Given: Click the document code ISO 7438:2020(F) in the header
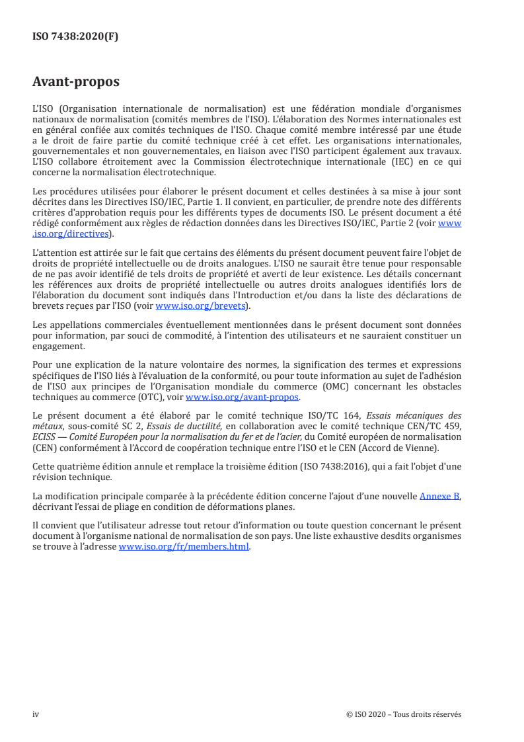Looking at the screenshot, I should coord(75,37).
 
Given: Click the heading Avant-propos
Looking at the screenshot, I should coord(75,82).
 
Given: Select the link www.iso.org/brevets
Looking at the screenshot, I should coord(200,306).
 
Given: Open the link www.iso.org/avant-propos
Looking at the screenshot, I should coord(243,397).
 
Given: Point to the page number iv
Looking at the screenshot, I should coord(36,714).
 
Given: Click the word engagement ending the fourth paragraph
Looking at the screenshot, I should coord(59,346).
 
